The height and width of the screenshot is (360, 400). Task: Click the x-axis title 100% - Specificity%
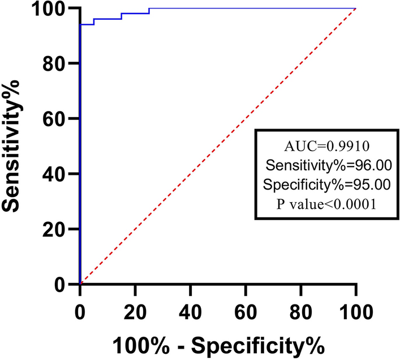(x=218, y=344)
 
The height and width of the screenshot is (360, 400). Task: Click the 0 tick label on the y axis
(x=64, y=284)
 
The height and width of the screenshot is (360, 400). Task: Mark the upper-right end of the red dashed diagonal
(x=355, y=9)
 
